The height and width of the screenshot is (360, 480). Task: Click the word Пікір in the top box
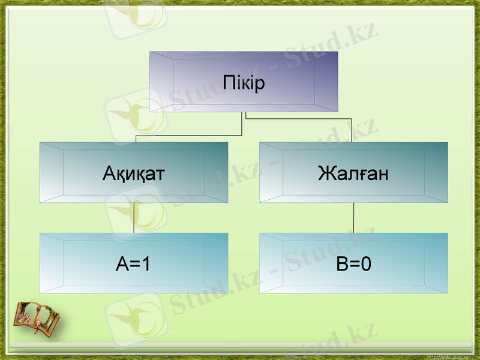[244, 82]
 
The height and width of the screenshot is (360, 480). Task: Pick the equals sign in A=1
[133, 265]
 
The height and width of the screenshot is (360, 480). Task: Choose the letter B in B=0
[342, 264]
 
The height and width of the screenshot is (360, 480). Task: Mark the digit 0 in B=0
[365, 264]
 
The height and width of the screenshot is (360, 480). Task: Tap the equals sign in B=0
[354, 265]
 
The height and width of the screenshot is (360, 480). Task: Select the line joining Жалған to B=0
[353, 218]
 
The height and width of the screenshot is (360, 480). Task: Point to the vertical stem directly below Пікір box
[243, 123]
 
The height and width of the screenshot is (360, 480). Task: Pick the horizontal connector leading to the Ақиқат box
[189, 136]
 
